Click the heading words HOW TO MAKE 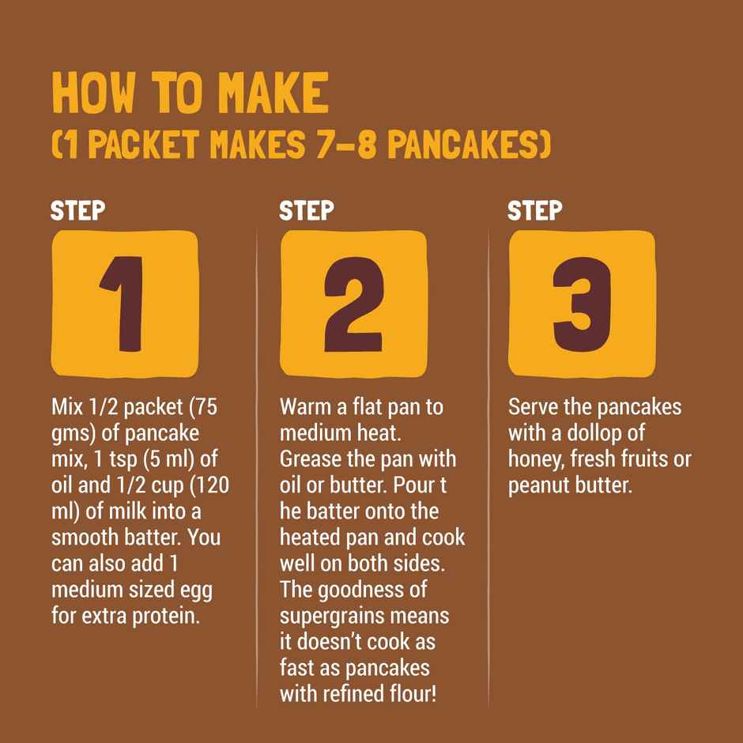[190, 94]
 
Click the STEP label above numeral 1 [77, 211]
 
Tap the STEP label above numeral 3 [534, 211]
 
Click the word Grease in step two [310, 459]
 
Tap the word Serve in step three [534, 408]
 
